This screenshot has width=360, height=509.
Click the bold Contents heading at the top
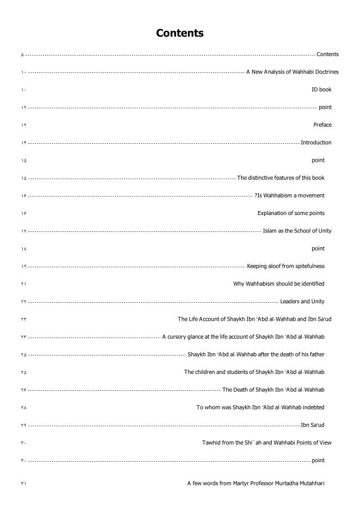tap(180, 33)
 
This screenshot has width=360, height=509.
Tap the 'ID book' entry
tap(321, 89)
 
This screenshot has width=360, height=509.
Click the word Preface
tap(322, 125)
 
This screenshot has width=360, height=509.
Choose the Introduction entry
tap(316, 143)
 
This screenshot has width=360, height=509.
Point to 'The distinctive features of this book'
tap(281, 178)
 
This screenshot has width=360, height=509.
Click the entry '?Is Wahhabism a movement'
tap(289, 195)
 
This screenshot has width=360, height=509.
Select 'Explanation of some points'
tap(291, 213)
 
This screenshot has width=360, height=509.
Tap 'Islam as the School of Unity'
tap(297, 231)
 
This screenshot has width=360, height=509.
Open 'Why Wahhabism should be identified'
tap(279, 284)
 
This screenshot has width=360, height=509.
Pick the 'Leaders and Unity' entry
tap(302, 302)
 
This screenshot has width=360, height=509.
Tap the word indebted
tap(314, 407)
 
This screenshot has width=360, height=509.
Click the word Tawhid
tap(210, 443)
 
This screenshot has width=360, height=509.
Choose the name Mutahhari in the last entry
tap(311, 483)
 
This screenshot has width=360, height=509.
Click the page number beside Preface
tap(23, 125)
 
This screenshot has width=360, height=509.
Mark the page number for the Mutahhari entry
tap(23, 483)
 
